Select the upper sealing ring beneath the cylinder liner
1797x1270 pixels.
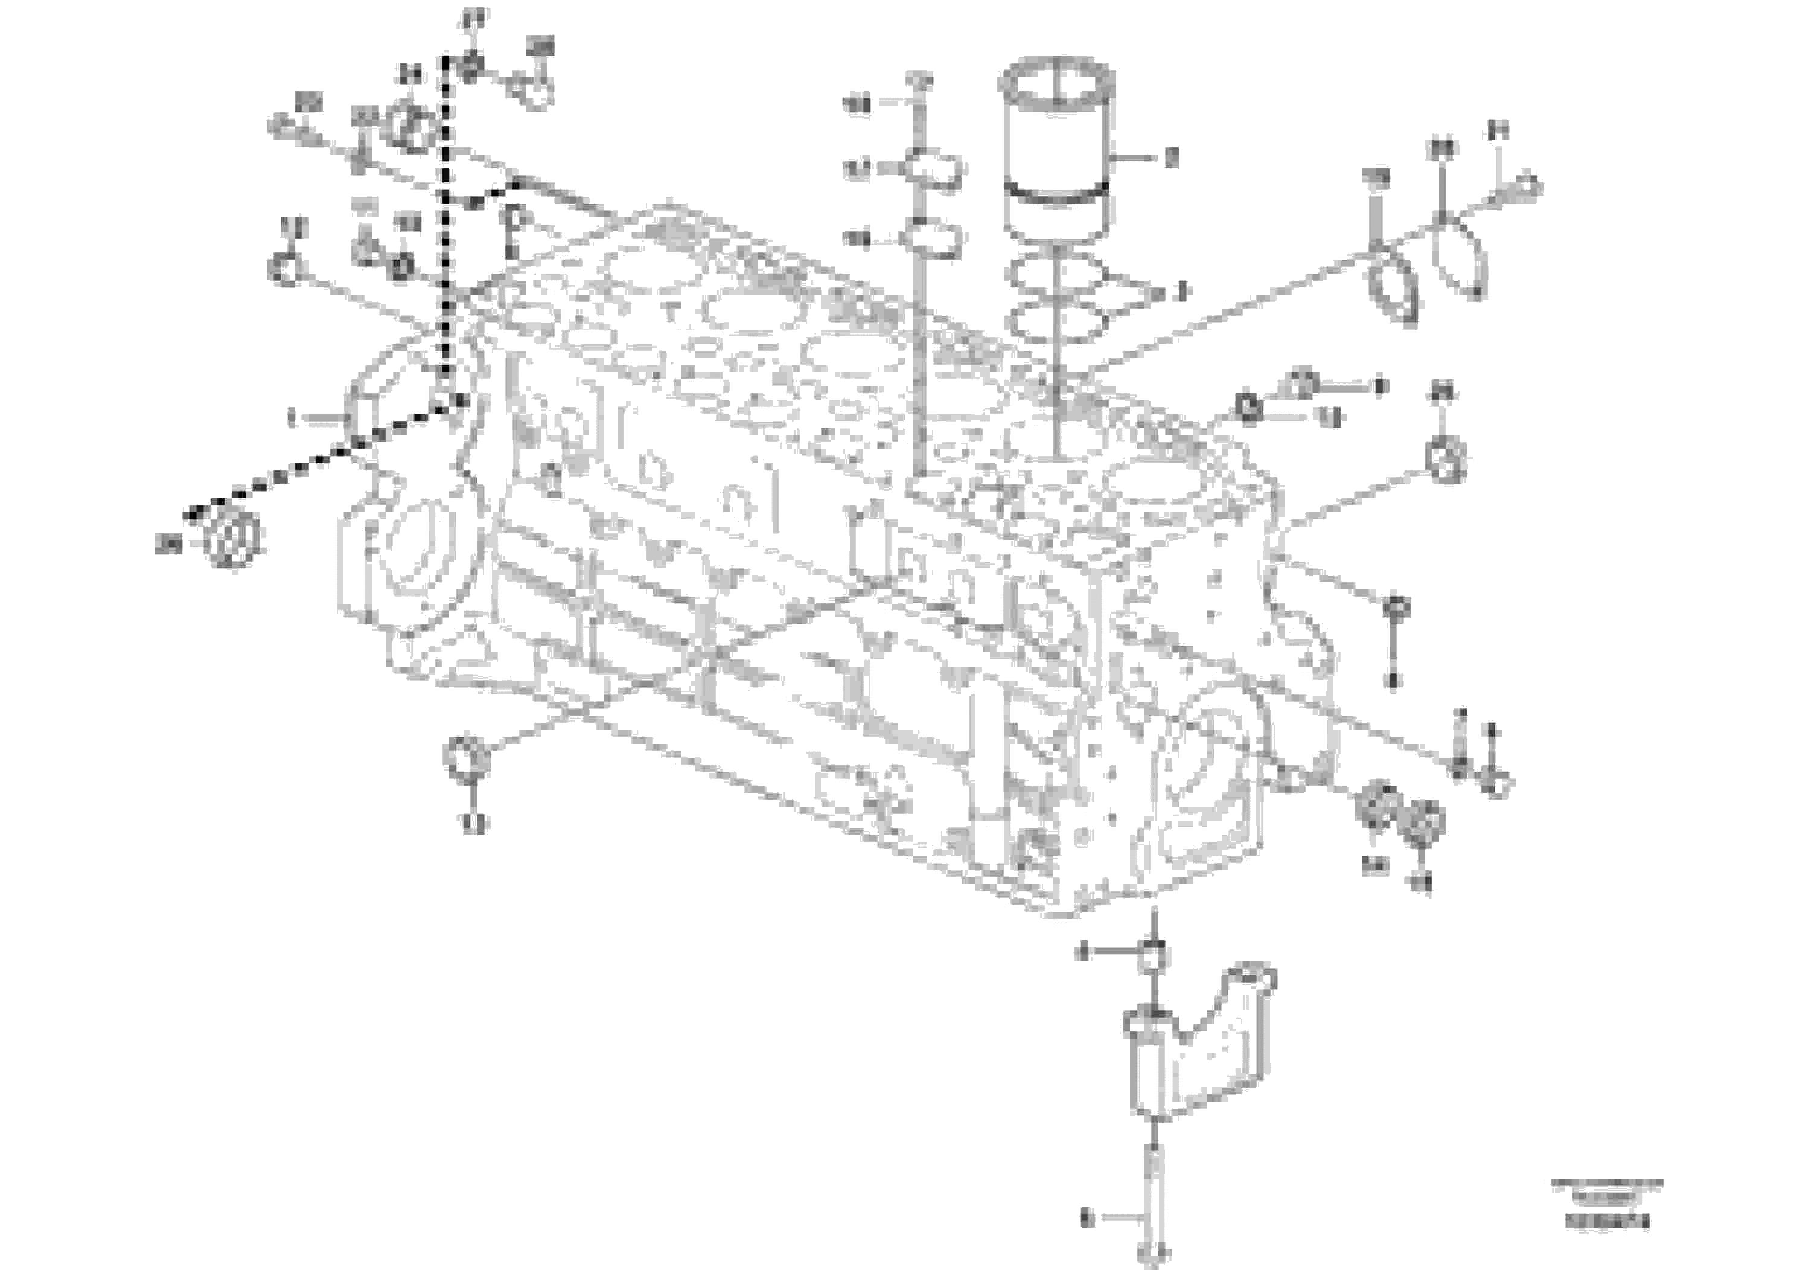point(1056,275)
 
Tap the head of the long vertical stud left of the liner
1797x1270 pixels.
point(919,81)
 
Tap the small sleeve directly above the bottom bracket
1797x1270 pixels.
point(1154,957)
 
